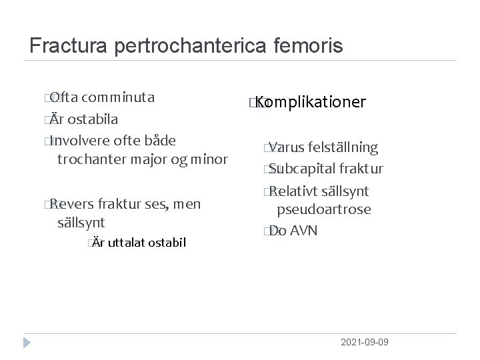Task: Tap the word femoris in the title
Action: click(310, 45)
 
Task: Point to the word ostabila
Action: click(93, 119)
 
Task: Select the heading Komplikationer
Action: click(309, 102)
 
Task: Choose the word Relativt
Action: click(297, 191)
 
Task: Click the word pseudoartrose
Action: click(324, 209)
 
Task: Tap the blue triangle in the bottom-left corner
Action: click(27, 343)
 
